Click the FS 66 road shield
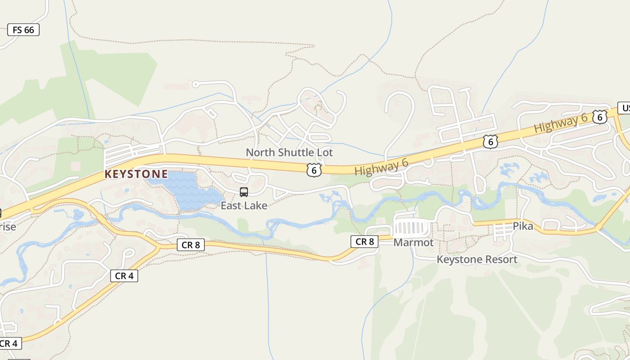pyautogui.click(x=23, y=30)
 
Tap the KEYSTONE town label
pyautogui.click(x=136, y=174)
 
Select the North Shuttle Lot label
pyautogui.click(x=289, y=153)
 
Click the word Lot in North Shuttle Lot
pyautogui.click(x=324, y=153)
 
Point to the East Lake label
pyautogui.click(x=244, y=206)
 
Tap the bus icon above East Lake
pyautogui.click(x=244, y=192)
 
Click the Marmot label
pyautogui.click(x=414, y=243)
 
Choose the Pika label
pyautogui.click(x=523, y=226)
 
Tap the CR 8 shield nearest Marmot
pyautogui.click(x=364, y=242)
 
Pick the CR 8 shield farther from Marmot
pyautogui.click(x=191, y=245)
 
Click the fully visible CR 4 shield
pyautogui.click(x=124, y=276)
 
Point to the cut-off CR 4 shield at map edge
pyautogui.click(x=9, y=343)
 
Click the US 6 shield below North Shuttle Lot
pyautogui.click(x=314, y=170)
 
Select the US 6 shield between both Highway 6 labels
pyautogui.click(x=490, y=142)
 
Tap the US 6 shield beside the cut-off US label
pyautogui.click(x=599, y=117)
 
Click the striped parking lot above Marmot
pyautogui.click(x=412, y=228)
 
